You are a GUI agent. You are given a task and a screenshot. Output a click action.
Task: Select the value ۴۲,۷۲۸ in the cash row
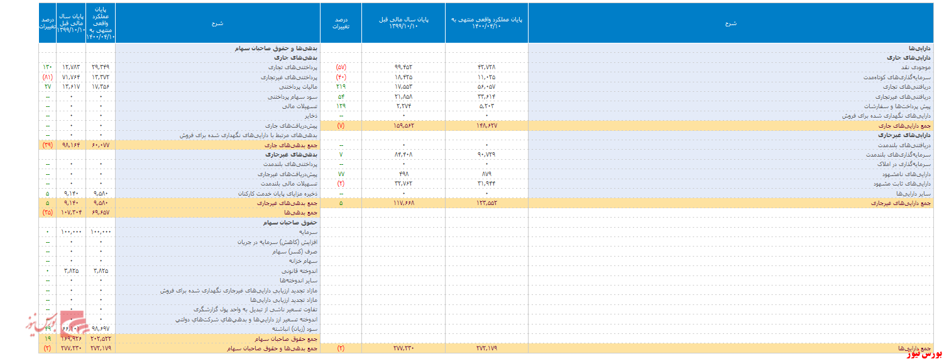pyautogui.click(x=487, y=67)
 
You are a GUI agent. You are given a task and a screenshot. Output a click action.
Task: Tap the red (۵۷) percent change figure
pyautogui.click(x=341, y=67)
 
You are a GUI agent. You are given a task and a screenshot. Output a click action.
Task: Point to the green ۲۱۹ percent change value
pyautogui.click(x=341, y=87)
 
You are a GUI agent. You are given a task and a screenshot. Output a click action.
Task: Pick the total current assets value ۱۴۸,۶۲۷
pyautogui.click(x=487, y=126)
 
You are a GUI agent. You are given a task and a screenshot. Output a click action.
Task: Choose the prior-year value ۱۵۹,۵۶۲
pyautogui.click(x=403, y=126)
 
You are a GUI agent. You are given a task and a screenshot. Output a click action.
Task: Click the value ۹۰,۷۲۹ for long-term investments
pyautogui.click(x=487, y=154)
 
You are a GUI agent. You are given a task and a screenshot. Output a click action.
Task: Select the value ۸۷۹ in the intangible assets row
pyautogui.click(x=487, y=174)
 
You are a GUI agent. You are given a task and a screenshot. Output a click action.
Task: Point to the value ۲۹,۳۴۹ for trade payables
pyautogui.click(x=101, y=67)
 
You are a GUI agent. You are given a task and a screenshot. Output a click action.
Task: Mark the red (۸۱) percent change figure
pyautogui.click(x=48, y=77)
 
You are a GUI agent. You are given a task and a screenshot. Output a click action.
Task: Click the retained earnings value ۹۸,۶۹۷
pyautogui.click(x=101, y=328)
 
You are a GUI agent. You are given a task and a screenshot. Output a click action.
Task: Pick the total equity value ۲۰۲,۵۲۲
pyautogui.click(x=101, y=338)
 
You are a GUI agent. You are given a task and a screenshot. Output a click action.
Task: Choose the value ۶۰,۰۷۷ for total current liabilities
pyautogui.click(x=101, y=145)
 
